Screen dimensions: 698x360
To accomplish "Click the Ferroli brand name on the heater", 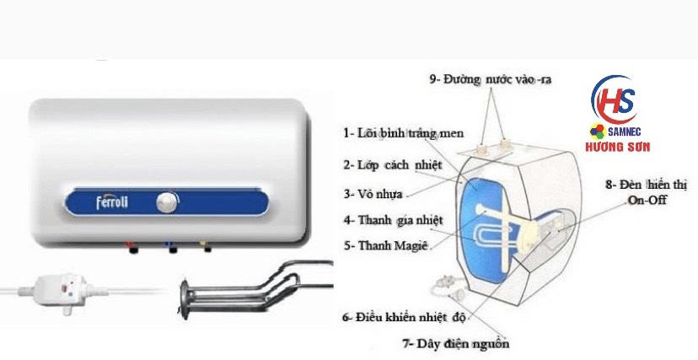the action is [x=112, y=202].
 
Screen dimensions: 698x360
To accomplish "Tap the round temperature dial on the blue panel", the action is [x=168, y=203].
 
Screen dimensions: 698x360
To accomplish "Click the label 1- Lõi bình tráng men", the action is [x=403, y=133].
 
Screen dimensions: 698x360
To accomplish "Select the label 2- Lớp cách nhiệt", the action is [x=392, y=165].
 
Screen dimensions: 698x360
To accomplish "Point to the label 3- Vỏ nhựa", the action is [x=373, y=194].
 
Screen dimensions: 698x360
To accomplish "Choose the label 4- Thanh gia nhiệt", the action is [x=393, y=220].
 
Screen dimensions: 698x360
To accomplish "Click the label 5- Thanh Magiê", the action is [x=385, y=245].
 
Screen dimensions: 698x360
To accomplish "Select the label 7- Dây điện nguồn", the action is [x=455, y=343].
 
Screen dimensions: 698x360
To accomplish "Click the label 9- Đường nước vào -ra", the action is [x=490, y=79].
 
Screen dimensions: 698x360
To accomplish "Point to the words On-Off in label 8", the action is [x=647, y=200].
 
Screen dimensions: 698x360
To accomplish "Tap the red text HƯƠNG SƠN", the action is [x=617, y=147].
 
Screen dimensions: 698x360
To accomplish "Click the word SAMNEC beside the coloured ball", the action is [x=624, y=132].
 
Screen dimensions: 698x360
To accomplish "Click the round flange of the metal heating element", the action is [x=185, y=298].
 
